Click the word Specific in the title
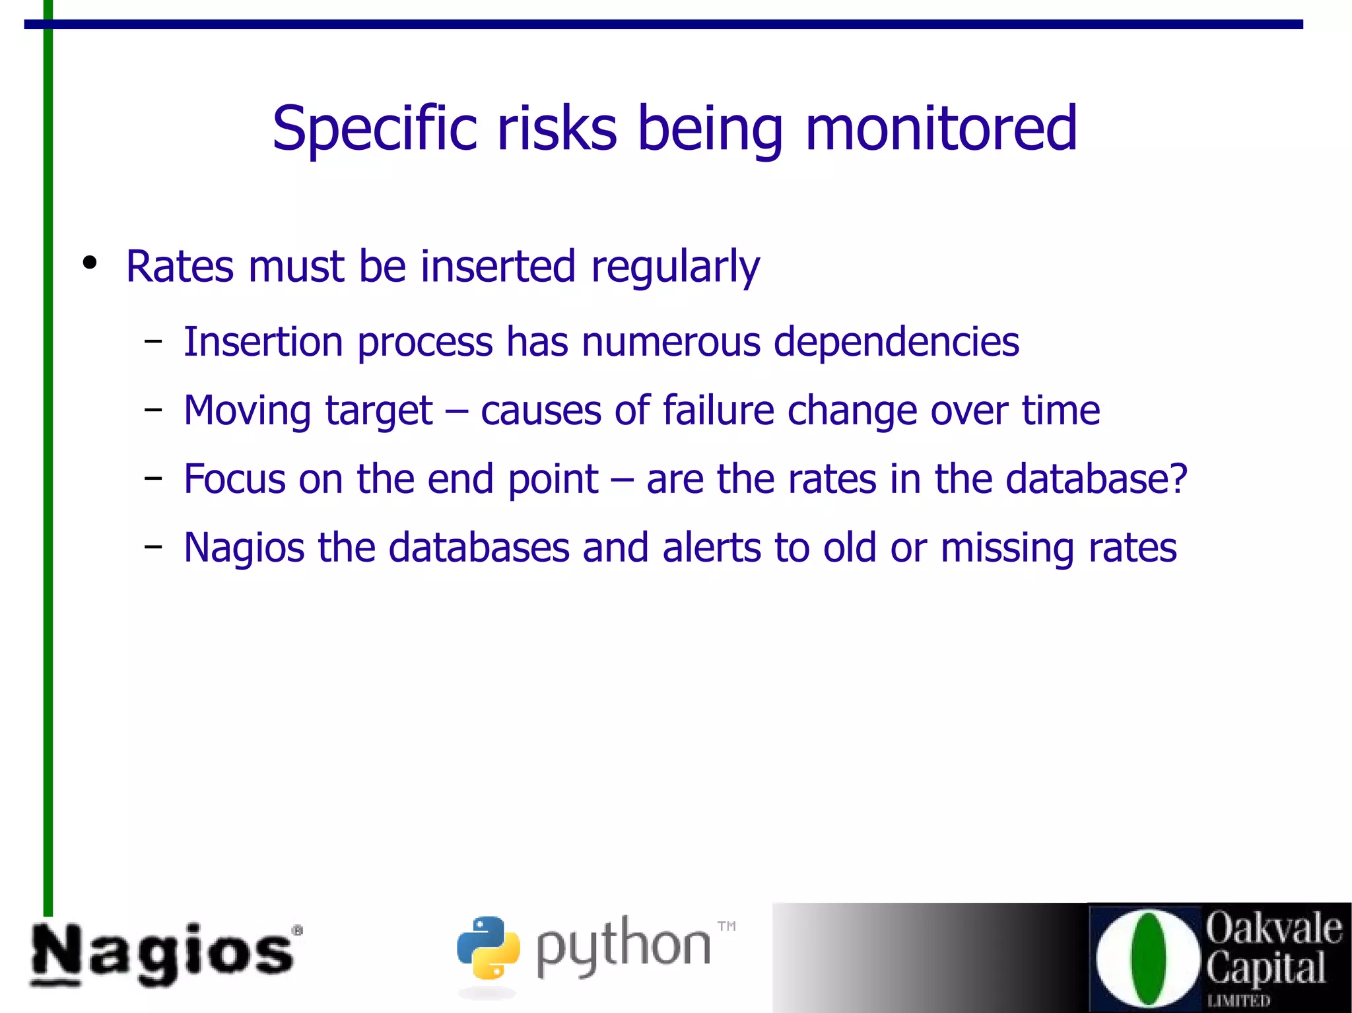374,129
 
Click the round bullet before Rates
90,263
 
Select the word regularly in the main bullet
675,267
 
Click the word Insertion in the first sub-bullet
263,342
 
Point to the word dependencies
896,343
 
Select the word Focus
234,479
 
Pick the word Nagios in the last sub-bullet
244,548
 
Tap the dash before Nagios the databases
153,546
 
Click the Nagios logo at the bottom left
165,954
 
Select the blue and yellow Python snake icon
488,948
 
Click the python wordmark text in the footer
623,948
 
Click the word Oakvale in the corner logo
1273,928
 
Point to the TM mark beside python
726,926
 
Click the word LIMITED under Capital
1238,1001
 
